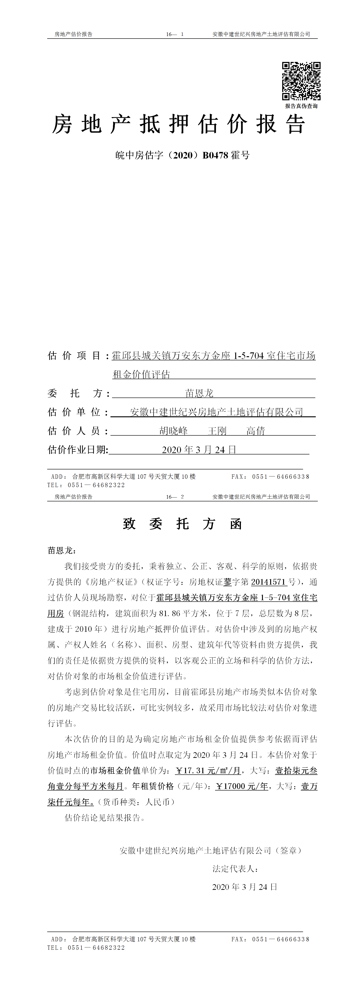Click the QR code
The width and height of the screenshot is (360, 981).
(x=301, y=81)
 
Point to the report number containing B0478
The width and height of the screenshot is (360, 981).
(x=182, y=155)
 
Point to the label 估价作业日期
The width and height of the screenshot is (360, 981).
(x=78, y=450)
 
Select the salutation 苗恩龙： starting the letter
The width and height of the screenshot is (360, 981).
(x=62, y=550)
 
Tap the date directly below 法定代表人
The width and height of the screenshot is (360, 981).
(x=244, y=887)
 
